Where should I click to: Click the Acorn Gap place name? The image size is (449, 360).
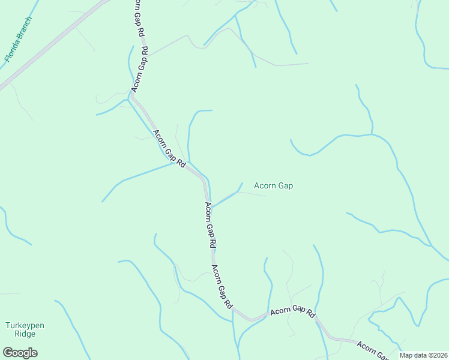273,186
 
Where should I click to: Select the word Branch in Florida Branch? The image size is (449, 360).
24,28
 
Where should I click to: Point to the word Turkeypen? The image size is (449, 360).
25,326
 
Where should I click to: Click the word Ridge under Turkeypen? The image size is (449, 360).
25,335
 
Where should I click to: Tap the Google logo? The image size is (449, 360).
20,353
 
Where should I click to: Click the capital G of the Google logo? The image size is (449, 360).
8,353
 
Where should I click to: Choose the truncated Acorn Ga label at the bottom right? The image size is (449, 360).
370,350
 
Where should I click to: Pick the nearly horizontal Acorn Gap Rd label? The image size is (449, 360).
292,313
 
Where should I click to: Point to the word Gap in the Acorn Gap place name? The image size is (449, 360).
285,186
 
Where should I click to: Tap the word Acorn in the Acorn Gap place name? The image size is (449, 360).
265,186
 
